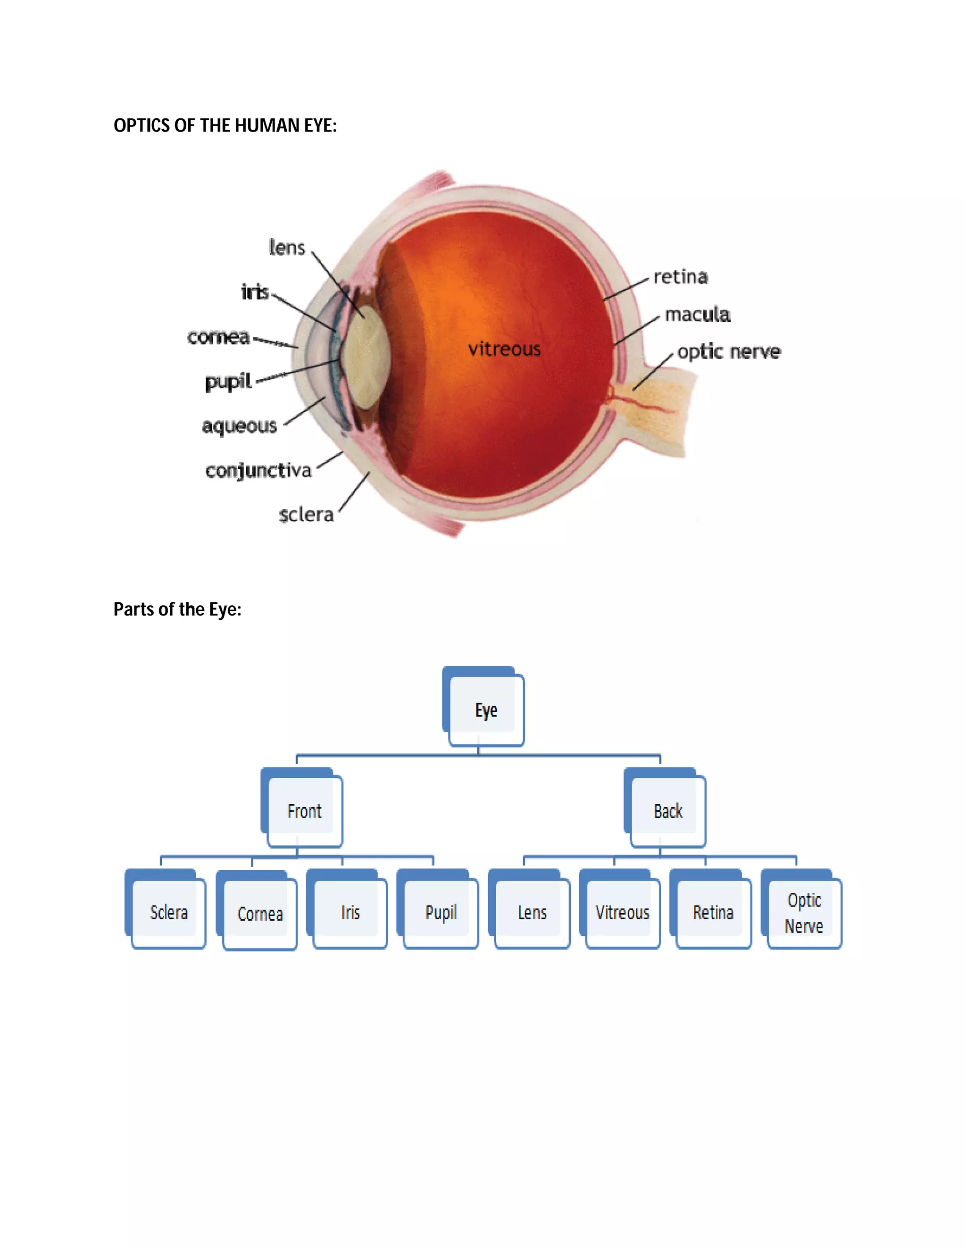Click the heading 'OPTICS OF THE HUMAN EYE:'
tap(225, 125)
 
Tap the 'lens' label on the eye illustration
tap(287, 247)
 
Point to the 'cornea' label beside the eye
tap(218, 337)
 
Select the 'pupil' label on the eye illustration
tap(228, 381)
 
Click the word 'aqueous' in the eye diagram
tap(239, 426)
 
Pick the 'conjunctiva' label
tap(258, 470)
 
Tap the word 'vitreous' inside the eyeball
tap(504, 349)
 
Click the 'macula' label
tap(698, 314)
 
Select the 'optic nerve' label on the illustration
tap(728, 351)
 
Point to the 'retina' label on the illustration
tap(681, 277)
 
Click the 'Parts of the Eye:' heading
tap(177, 609)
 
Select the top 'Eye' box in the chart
tap(485, 710)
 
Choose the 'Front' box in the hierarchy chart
tap(304, 810)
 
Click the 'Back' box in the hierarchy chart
tap(667, 810)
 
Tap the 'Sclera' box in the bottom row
tap(168, 912)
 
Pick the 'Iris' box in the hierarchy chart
tap(350, 912)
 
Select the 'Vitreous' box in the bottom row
tap(622, 912)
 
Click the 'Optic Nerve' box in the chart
tap(803, 913)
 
